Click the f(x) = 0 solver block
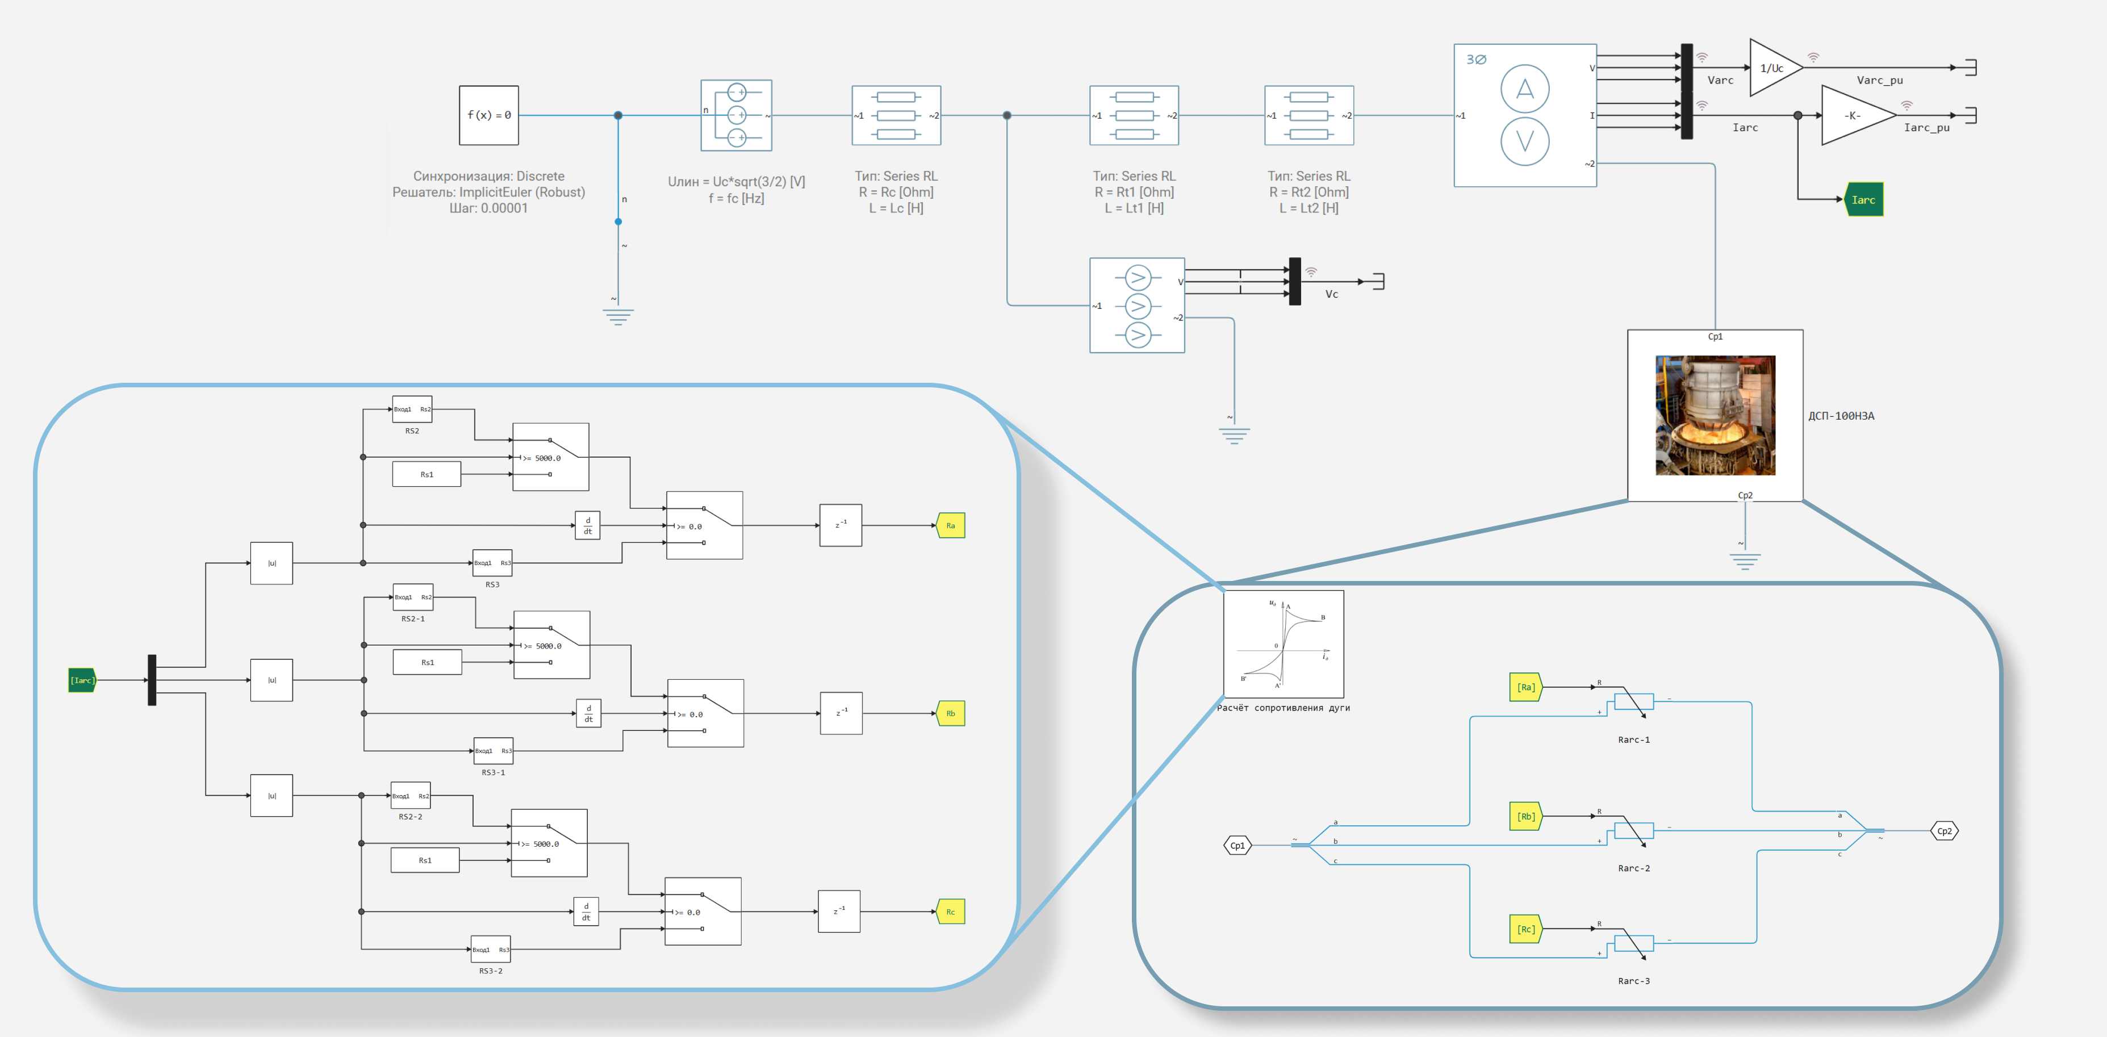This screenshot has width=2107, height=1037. pyautogui.click(x=488, y=115)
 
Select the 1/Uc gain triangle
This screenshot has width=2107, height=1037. pyautogui.click(x=1773, y=68)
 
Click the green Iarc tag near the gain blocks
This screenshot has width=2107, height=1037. pyautogui.click(x=1863, y=199)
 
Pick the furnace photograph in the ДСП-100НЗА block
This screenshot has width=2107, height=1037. pyautogui.click(x=1715, y=416)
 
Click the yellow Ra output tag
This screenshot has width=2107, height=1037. pyautogui.click(x=951, y=525)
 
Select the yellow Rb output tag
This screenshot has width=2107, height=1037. pyautogui.click(x=951, y=713)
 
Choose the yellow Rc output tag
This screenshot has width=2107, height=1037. pyautogui.click(x=951, y=912)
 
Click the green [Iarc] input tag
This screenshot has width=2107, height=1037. pyautogui.click(x=82, y=680)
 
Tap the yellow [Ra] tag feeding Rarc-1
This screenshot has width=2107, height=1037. pyautogui.click(x=1525, y=687)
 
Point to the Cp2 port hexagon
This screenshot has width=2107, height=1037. pyautogui.click(x=1944, y=831)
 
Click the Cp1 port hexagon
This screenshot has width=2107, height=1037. pyautogui.click(x=1238, y=845)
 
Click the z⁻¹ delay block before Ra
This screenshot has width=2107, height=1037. pyautogui.click(x=840, y=525)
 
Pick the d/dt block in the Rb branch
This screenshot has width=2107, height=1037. pyautogui.click(x=589, y=713)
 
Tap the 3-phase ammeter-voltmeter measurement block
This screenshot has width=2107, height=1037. pyautogui.click(x=1525, y=115)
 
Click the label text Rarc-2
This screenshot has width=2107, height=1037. pyautogui.click(x=1633, y=868)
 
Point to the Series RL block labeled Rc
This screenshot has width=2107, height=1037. pyautogui.click(x=896, y=115)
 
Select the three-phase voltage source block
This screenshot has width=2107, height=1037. pyautogui.click(x=736, y=115)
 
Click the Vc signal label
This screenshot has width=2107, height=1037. pyautogui.click(x=1332, y=294)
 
